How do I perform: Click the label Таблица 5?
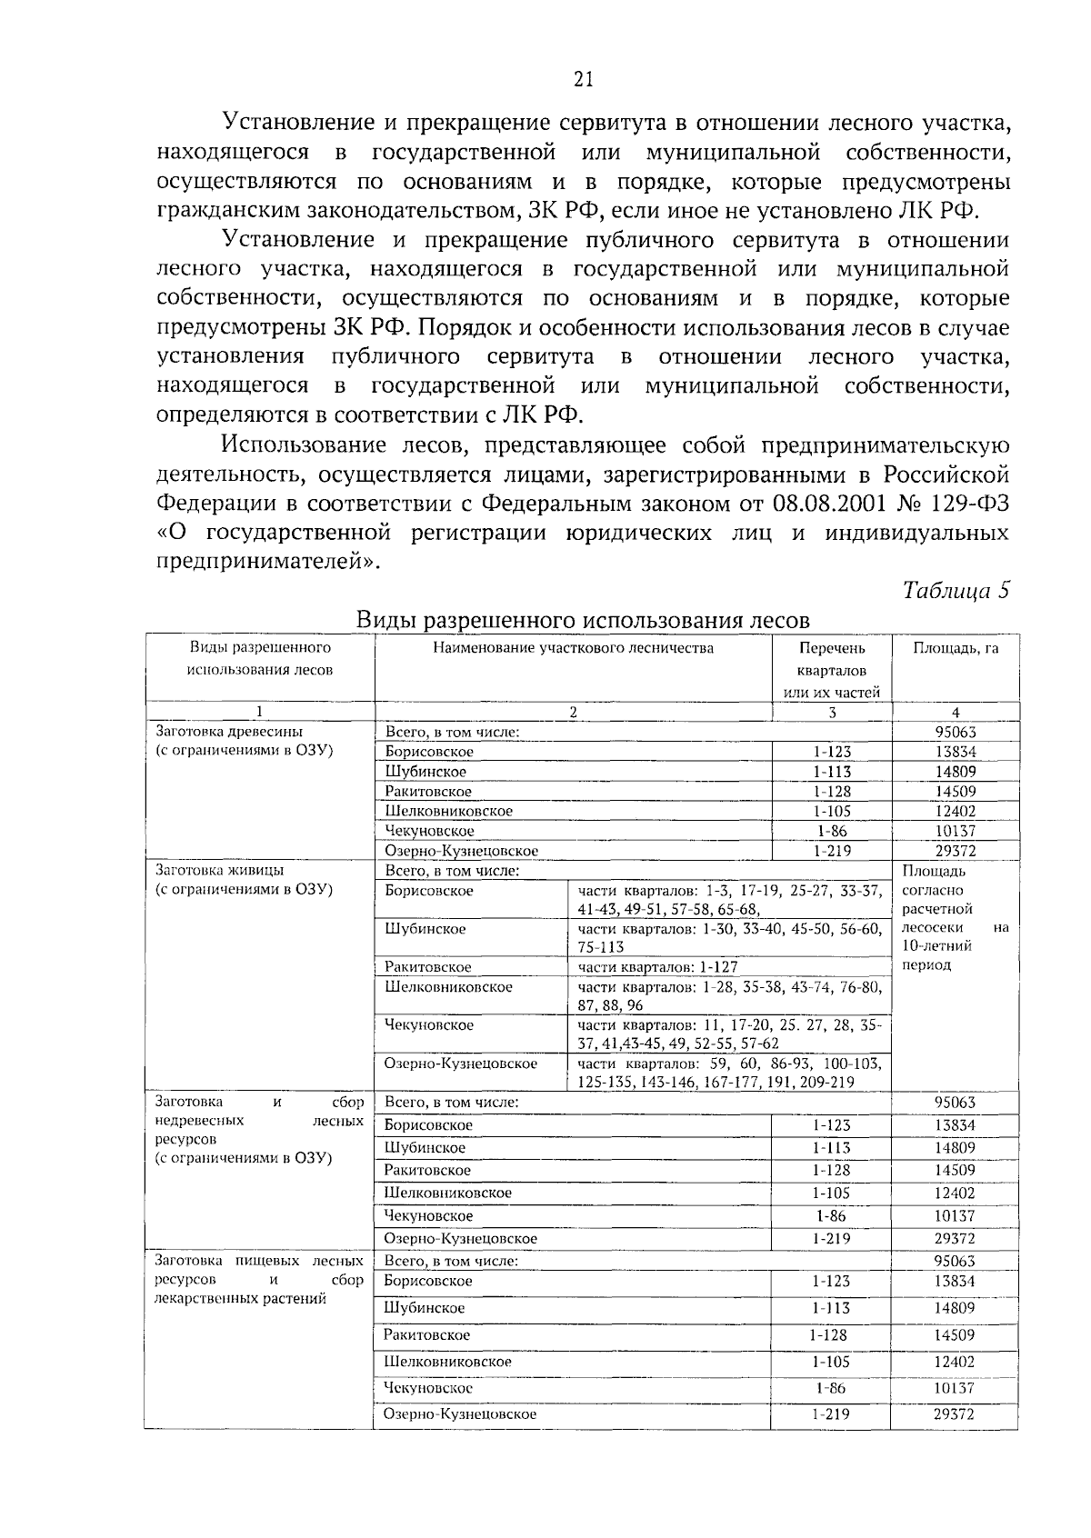click(956, 590)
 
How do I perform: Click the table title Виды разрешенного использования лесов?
click(582, 620)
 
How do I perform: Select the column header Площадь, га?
click(956, 648)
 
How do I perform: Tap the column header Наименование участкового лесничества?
click(573, 648)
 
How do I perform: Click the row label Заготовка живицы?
click(219, 870)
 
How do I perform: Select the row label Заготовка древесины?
click(229, 731)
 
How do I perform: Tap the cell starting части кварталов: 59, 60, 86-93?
click(729, 1073)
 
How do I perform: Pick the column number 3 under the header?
click(832, 713)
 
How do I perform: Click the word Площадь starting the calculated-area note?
click(927, 872)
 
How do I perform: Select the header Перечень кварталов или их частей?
click(832, 670)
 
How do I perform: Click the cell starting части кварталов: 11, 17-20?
click(729, 1034)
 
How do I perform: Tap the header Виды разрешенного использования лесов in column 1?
click(260, 659)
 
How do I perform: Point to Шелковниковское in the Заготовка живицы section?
click(448, 987)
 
